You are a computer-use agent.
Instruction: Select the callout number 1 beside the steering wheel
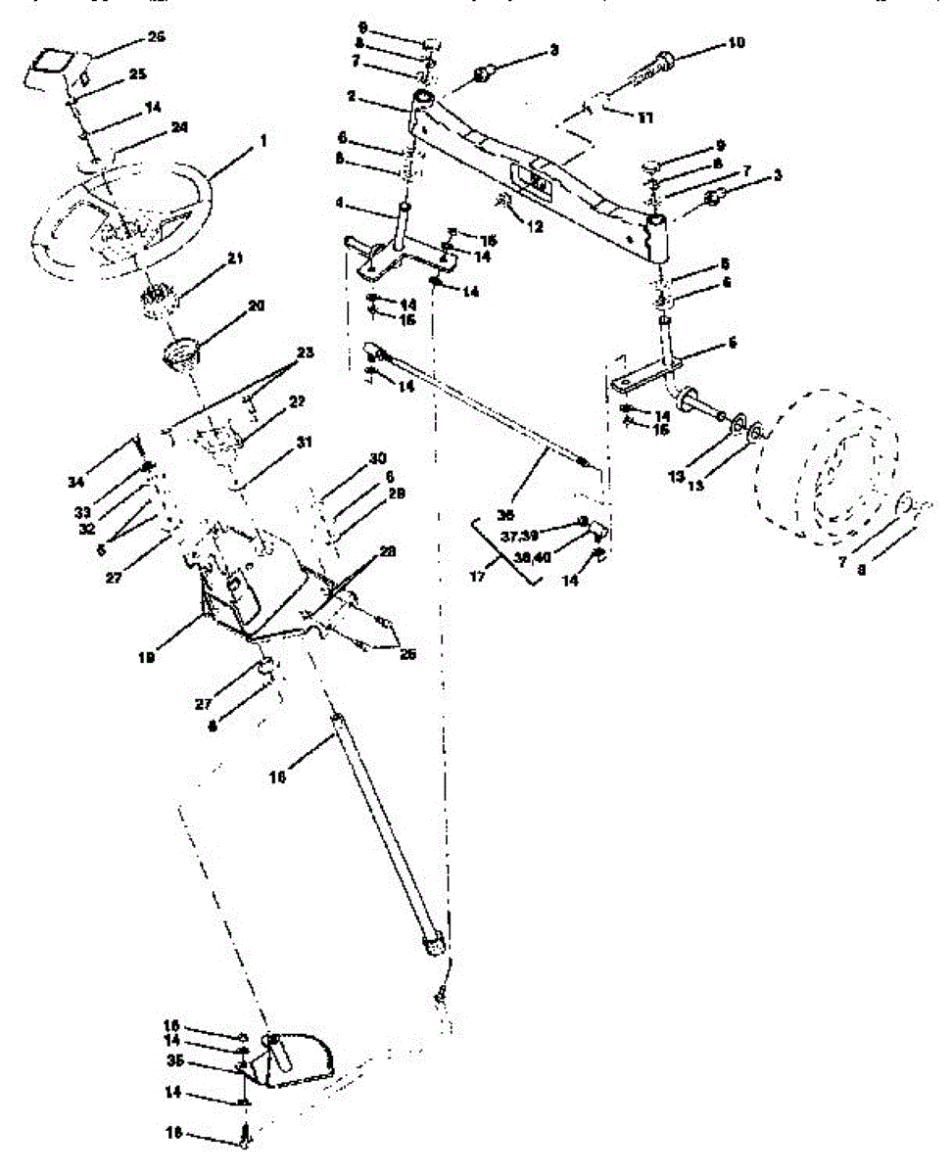coord(262,142)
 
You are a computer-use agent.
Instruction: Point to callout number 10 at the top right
coord(736,42)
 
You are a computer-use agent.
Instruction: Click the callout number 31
coord(306,443)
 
